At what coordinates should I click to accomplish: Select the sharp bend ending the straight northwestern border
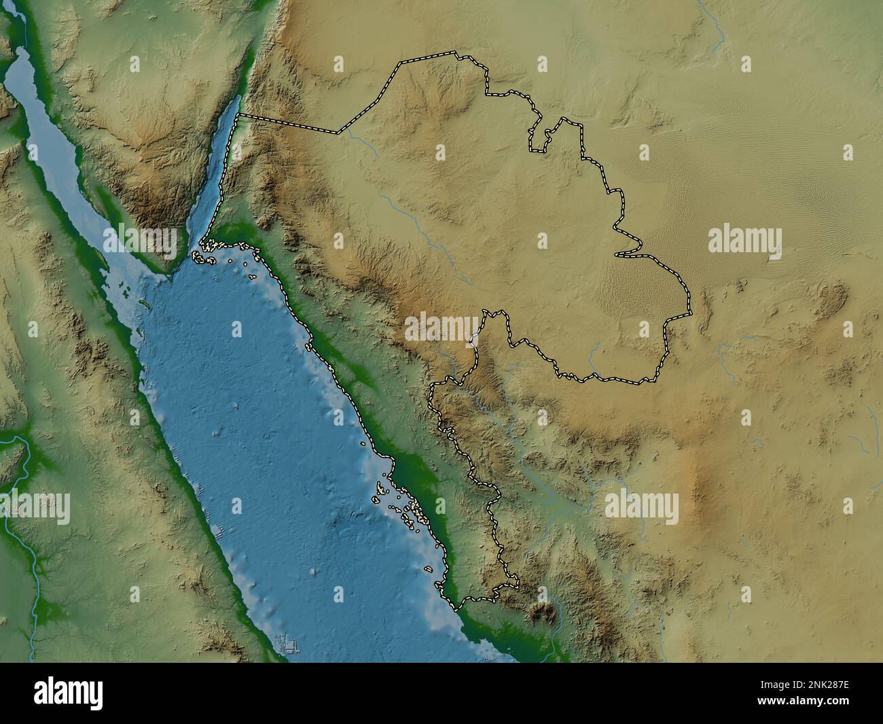338,133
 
